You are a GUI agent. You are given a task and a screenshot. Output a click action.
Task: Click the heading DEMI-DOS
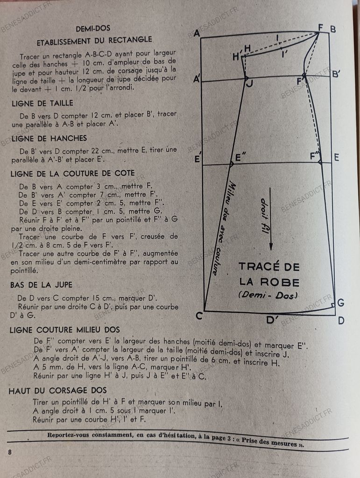click(x=92, y=28)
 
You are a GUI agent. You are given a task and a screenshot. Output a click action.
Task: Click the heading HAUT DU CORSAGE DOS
click(x=57, y=390)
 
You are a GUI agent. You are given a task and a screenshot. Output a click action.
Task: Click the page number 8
click(x=10, y=452)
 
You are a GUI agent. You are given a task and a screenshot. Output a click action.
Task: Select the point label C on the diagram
click(x=199, y=316)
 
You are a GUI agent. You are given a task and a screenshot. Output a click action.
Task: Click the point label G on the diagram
click(x=340, y=302)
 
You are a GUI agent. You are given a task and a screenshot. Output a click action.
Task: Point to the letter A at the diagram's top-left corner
click(x=196, y=33)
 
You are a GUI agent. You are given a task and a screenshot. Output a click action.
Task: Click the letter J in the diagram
click(x=249, y=84)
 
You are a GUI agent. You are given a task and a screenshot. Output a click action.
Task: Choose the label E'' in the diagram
click(x=240, y=157)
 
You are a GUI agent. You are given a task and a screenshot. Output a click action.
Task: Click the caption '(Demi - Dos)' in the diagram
click(x=268, y=295)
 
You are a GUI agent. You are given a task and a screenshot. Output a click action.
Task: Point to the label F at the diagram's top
click(x=321, y=28)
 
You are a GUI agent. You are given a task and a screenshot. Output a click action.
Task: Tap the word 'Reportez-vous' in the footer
click(x=71, y=436)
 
